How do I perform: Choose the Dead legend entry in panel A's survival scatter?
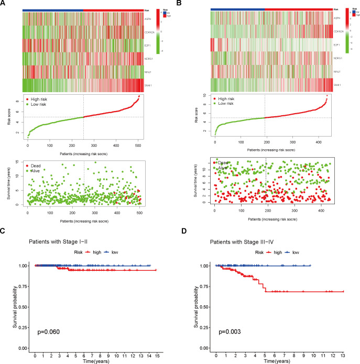(x=39, y=166)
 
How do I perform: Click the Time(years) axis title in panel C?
(x=94, y=361)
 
